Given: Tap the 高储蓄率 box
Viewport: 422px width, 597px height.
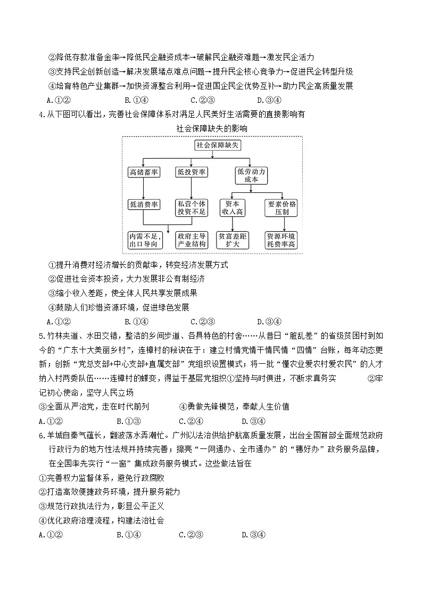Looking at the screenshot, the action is point(144,172).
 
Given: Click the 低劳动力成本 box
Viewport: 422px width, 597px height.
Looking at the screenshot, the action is point(250,176).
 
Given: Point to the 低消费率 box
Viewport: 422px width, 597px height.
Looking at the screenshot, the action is point(144,204).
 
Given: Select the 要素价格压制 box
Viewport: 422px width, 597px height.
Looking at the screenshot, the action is point(282,208).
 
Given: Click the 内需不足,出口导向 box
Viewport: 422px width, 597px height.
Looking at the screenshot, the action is point(144,240).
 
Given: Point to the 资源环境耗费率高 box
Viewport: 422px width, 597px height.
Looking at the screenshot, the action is point(282,240).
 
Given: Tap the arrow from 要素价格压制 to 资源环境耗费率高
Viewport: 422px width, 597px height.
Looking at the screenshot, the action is point(282,224).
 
